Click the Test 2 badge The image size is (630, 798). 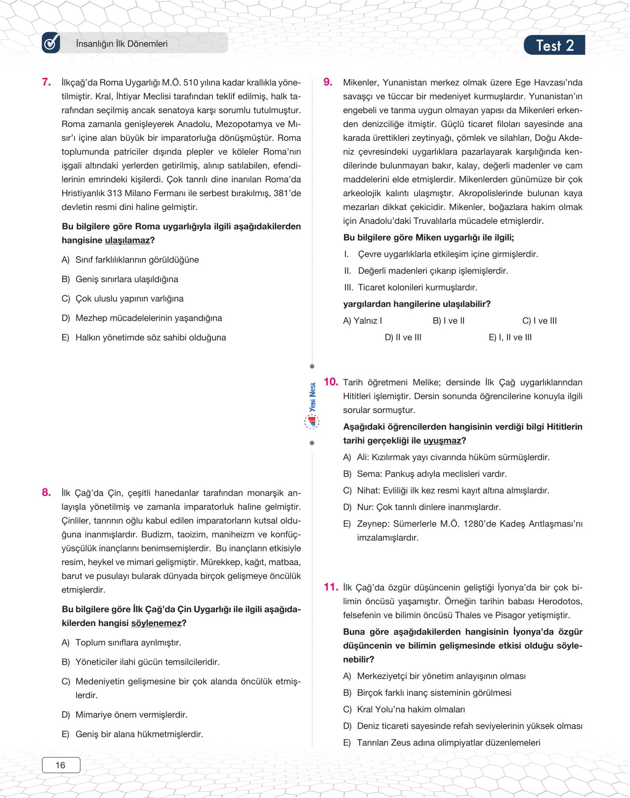coord(554,45)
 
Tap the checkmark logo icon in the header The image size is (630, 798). coord(51,43)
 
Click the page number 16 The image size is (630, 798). coord(61,765)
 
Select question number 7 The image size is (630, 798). coord(46,82)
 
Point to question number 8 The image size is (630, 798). coord(46,492)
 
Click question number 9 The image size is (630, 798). coord(328,82)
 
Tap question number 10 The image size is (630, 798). coord(331,381)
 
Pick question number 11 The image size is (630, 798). coord(331,587)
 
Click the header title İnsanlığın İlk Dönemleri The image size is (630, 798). coord(122,44)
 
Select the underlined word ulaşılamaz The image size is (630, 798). coord(127,241)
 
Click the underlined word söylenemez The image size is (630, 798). coord(156,624)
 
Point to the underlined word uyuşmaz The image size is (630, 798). coord(442,441)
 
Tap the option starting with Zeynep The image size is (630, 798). coord(464,524)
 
